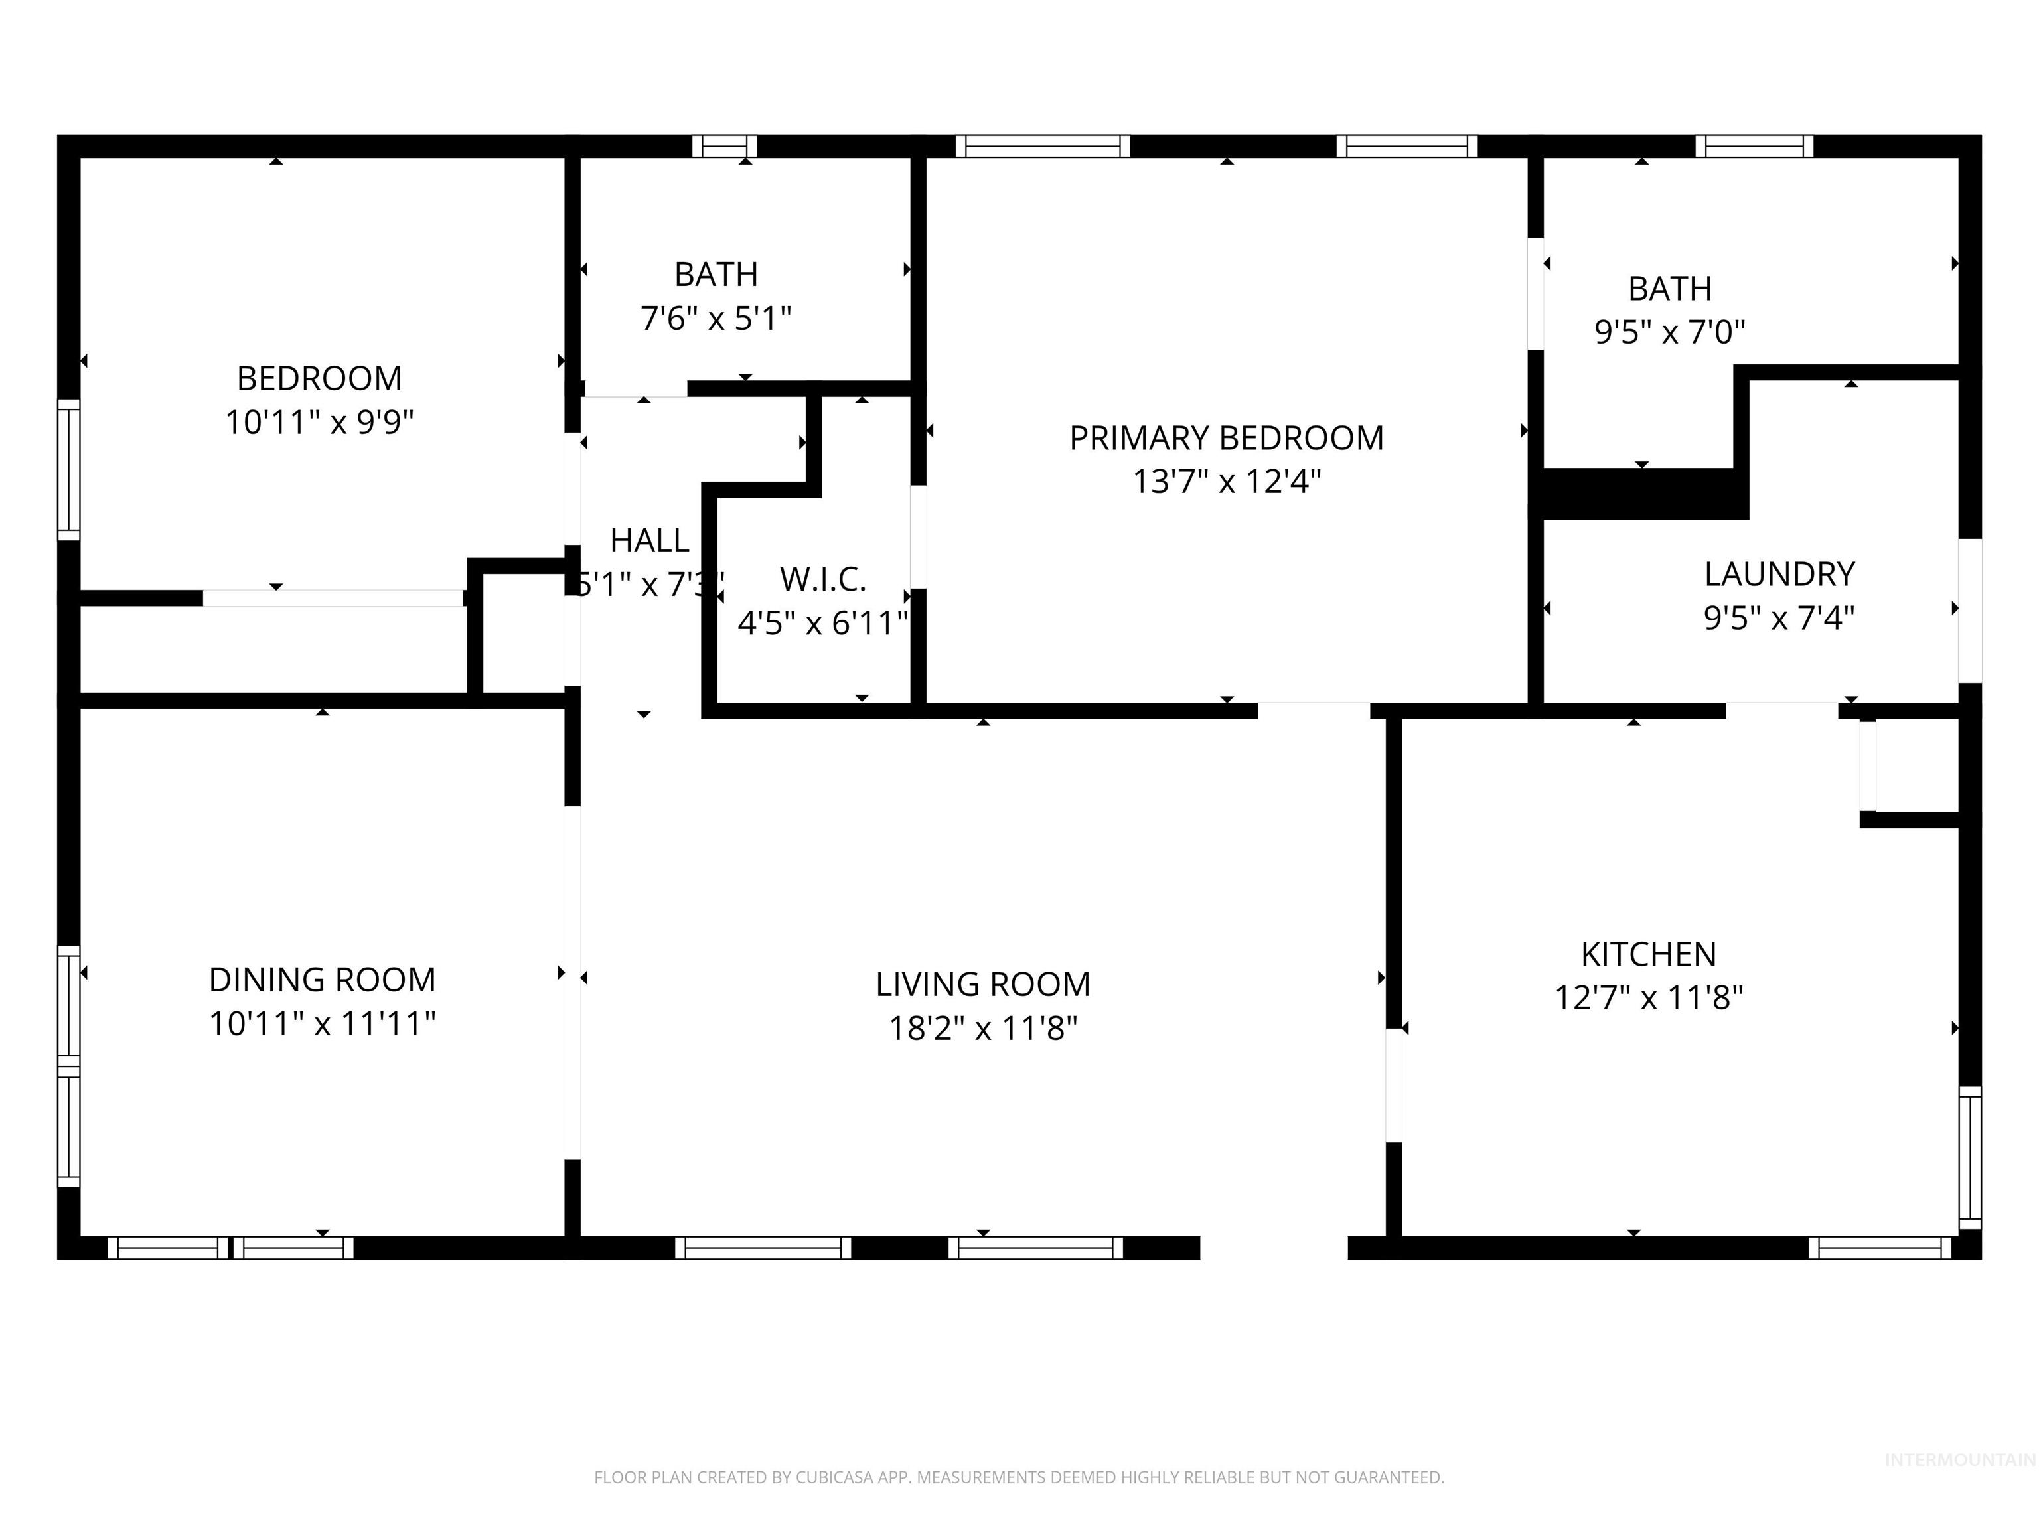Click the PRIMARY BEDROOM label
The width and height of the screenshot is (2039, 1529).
click(1226, 438)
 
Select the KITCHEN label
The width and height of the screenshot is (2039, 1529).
click(1648, 954)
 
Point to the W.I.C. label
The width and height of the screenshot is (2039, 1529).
click(822, 580)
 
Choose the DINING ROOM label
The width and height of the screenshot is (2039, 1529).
click(322, 980)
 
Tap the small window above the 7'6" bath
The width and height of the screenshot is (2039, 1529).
click(725, 145)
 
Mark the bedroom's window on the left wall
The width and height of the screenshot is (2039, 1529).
click(68, 469)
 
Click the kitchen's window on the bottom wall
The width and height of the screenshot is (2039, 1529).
click(1880, 1248)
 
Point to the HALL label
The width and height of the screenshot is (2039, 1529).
click(649, 541)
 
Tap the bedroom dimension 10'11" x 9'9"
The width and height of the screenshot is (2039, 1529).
click(320, 423)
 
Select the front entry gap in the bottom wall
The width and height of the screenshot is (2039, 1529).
click(1274, 1248)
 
